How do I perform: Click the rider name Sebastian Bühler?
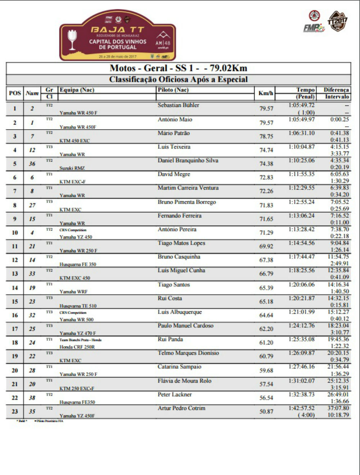(178, 105)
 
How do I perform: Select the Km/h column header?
(266, 93)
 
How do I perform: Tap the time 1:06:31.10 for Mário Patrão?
(301, 133)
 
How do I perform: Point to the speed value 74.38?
(266, 164)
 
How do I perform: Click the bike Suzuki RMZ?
(72, 168)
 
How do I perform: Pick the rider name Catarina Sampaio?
(179, 367)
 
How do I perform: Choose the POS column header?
(15, 93)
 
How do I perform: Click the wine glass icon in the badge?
(73, 39)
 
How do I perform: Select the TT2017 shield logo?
(337, 21)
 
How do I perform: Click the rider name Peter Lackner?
(175, 394)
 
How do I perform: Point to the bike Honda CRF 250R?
(77, 347)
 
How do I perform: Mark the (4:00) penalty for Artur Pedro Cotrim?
(306, 415)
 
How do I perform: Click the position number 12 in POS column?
(15, 260)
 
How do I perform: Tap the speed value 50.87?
(266, 411)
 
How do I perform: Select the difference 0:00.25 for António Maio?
(339, 119)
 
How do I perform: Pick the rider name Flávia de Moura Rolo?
(184, 381)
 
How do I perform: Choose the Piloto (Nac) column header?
(173, 90)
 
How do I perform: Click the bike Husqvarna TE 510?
(78, 306)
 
